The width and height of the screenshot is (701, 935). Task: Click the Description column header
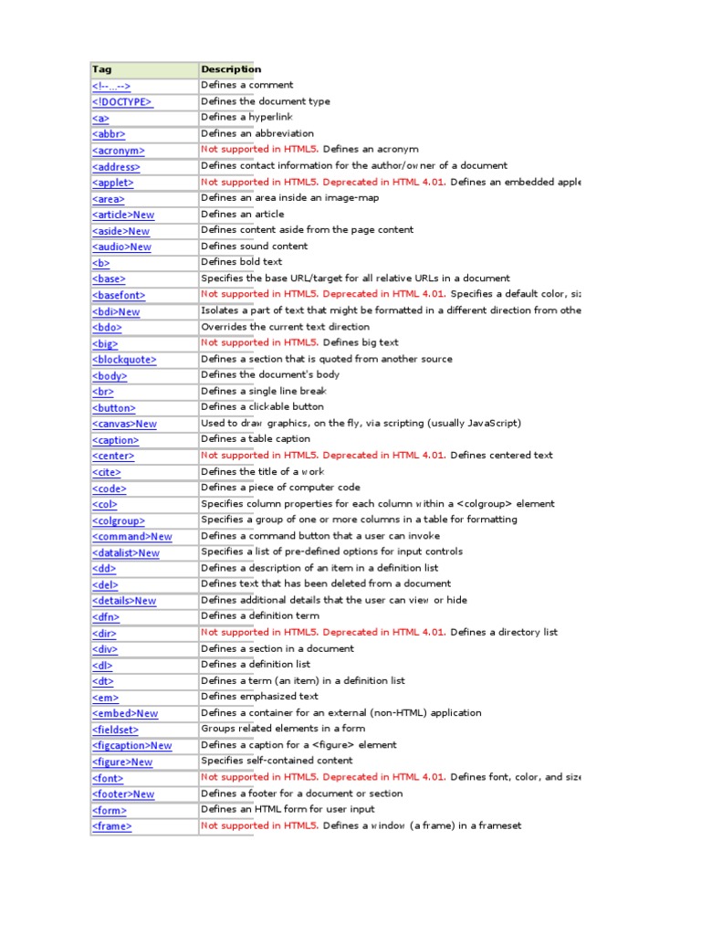tap(231, 69)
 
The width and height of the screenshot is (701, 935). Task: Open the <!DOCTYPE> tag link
tap(122, 102)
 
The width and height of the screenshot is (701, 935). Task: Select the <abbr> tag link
tap(108, 134)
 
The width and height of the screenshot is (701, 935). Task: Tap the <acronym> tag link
tap(118, 151)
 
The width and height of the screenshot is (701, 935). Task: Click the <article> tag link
tap(123, 215)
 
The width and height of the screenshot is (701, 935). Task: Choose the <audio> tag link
tap(121, 247)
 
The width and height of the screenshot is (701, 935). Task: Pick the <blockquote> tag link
tap(124, 360)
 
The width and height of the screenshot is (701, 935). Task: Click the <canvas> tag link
tap(124, 424)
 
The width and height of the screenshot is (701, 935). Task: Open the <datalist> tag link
tap(126, 552)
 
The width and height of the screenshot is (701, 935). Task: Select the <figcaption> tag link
tap(131, 746)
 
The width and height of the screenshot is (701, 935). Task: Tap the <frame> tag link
tap(111, 826)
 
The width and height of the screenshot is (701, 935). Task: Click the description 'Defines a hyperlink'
tap(246, 118)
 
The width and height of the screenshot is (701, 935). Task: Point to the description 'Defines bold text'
tap(242, 262)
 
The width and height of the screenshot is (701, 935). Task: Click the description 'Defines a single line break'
tap(263, 391)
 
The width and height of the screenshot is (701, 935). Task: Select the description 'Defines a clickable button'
tap(262, 407)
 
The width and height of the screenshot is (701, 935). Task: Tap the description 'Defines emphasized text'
tap(258, 697)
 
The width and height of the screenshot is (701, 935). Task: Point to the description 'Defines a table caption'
tap(256, 439)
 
